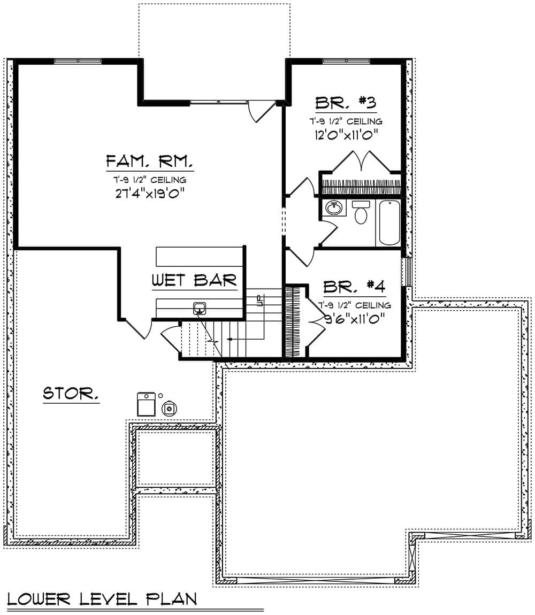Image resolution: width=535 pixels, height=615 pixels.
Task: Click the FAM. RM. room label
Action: [x=149, y=160]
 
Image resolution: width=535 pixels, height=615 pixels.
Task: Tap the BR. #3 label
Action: [x=346, y=102]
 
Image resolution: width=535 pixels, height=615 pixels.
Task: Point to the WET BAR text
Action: [x=194, y=279]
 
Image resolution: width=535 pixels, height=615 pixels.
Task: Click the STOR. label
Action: [x=71, y=394]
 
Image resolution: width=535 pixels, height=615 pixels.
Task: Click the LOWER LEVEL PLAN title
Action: [x=102, y=598]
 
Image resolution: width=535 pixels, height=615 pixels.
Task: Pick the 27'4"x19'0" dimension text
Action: [x=149, y=194]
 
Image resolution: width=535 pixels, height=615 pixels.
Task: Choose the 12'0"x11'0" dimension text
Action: [x=346, y=135]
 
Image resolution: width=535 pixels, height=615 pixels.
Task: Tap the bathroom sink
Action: [x=335, y=207]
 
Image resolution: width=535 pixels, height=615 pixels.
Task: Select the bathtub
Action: [x=388, y=223]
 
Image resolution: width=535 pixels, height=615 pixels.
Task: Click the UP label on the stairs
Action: [x=260, y=301]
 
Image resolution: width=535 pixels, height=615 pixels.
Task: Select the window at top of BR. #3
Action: [x=346, y=61]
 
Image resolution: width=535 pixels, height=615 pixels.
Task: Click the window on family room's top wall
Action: [x=78, y=61]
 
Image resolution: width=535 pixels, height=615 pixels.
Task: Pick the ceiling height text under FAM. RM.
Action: [x=149, y=179]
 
